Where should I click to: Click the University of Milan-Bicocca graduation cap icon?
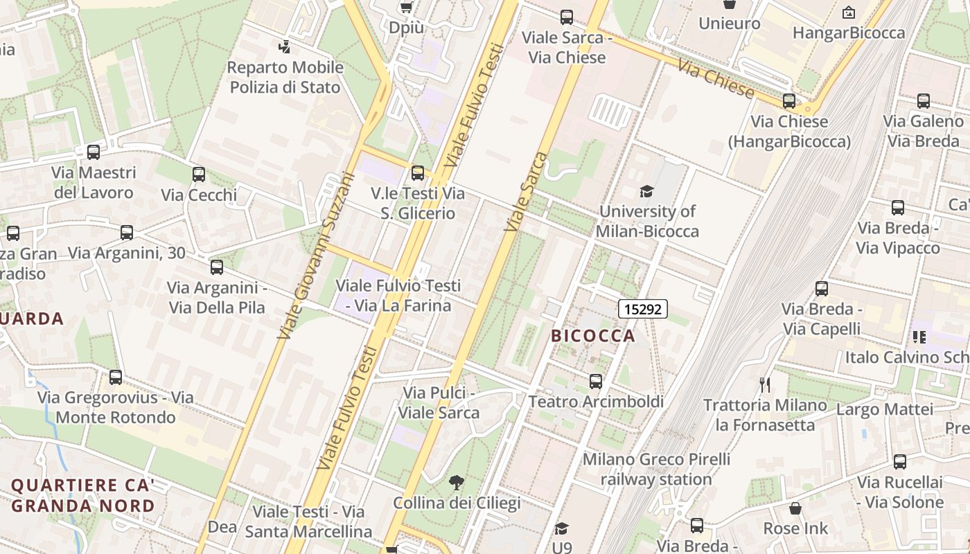646,191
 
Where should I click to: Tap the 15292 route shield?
642,309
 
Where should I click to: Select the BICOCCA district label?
592,336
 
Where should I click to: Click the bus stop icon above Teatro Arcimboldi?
595,381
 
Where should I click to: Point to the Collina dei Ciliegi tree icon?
456,483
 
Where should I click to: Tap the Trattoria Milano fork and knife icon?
765,384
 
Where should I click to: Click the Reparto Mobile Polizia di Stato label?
285,78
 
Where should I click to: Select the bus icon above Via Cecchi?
199,175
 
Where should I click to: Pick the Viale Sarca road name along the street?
526,193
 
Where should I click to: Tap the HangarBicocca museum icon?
848,12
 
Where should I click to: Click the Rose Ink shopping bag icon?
795,508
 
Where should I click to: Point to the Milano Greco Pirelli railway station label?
656,469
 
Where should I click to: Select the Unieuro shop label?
729,24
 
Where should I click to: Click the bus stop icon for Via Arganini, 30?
126,233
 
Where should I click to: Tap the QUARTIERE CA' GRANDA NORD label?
82,495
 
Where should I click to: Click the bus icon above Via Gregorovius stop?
116,377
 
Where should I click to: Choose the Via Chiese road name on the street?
715,79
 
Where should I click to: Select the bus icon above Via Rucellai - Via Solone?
899,462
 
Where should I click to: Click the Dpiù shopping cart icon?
406,8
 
